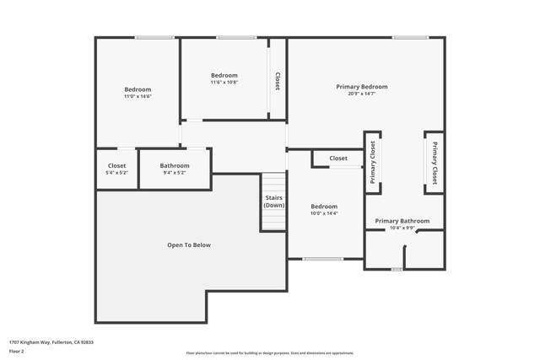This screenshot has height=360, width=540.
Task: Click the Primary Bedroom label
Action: click(362, 87)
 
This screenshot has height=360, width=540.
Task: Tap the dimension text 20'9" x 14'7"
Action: click(362, 94)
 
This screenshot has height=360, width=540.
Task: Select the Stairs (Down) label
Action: click(273, 202)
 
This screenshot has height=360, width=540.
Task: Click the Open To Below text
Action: click(189, 245)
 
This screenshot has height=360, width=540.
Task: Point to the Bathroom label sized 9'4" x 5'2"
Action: click(175, 165)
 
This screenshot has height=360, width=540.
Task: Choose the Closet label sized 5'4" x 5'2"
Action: click(116, 165)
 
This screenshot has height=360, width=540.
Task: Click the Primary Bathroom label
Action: click(402, 221)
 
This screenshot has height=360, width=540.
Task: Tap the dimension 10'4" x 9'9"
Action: click(402, 228)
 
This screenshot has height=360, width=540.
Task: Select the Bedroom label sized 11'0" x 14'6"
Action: click(138, 89)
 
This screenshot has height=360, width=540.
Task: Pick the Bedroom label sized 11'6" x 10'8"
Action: click(224, 75)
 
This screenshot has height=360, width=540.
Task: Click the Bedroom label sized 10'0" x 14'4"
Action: click(324, 207)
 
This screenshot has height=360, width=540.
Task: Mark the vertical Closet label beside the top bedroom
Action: click(278, 81)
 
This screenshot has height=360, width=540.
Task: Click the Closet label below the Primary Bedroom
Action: click(338, 159)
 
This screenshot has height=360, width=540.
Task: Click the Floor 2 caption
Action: click(18, 351)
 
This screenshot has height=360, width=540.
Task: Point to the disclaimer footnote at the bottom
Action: click(270, 353)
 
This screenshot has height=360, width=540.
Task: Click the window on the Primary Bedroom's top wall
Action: click(409, 37)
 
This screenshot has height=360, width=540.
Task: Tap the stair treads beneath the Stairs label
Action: click(273, 220)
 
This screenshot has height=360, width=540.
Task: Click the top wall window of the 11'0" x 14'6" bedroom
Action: click(154, 37)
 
